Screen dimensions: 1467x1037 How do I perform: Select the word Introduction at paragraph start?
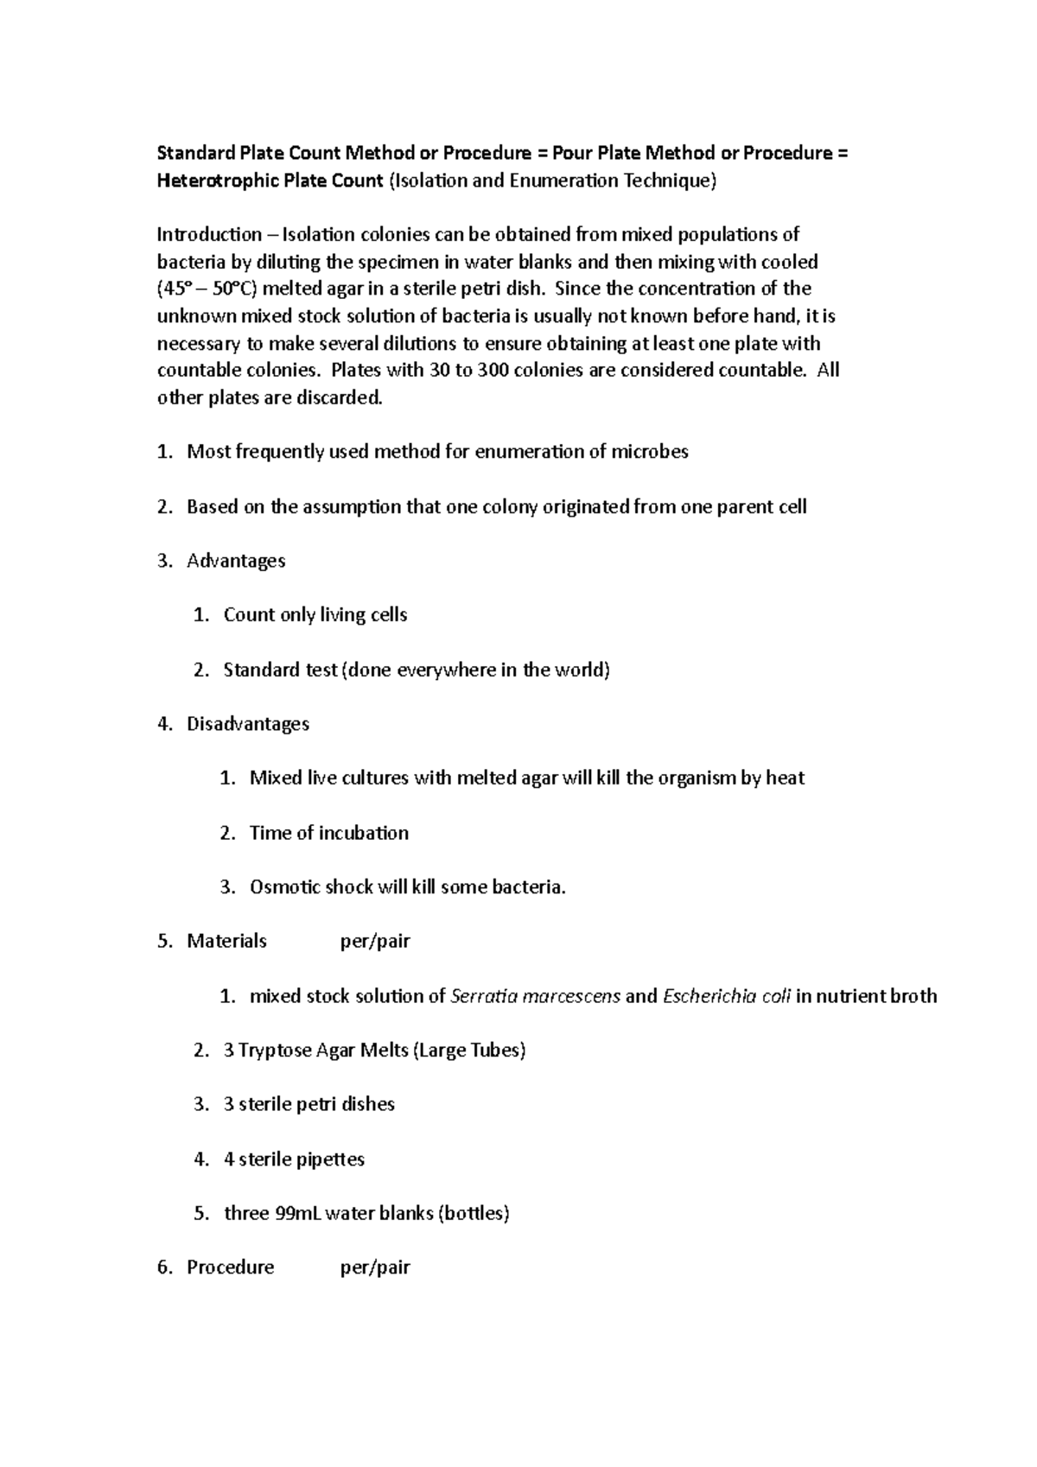[x=208, y=235]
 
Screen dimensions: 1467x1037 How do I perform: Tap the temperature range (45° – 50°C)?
[x=207, y=289]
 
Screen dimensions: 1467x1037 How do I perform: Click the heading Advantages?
[x=236, y=561]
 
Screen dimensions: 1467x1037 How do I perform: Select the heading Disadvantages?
[x=248, y=724]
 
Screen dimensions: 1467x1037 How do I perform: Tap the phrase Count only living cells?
[x=315, y=615]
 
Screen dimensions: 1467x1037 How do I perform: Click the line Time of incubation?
[x=329, y=833]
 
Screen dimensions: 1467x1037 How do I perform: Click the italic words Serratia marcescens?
[x=536, y=996]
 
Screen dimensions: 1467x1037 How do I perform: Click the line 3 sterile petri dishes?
[x=309, y=1104]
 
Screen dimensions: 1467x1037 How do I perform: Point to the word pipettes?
[x=331, y=1159]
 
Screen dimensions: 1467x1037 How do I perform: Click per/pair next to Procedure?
[x=375, y=1267]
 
